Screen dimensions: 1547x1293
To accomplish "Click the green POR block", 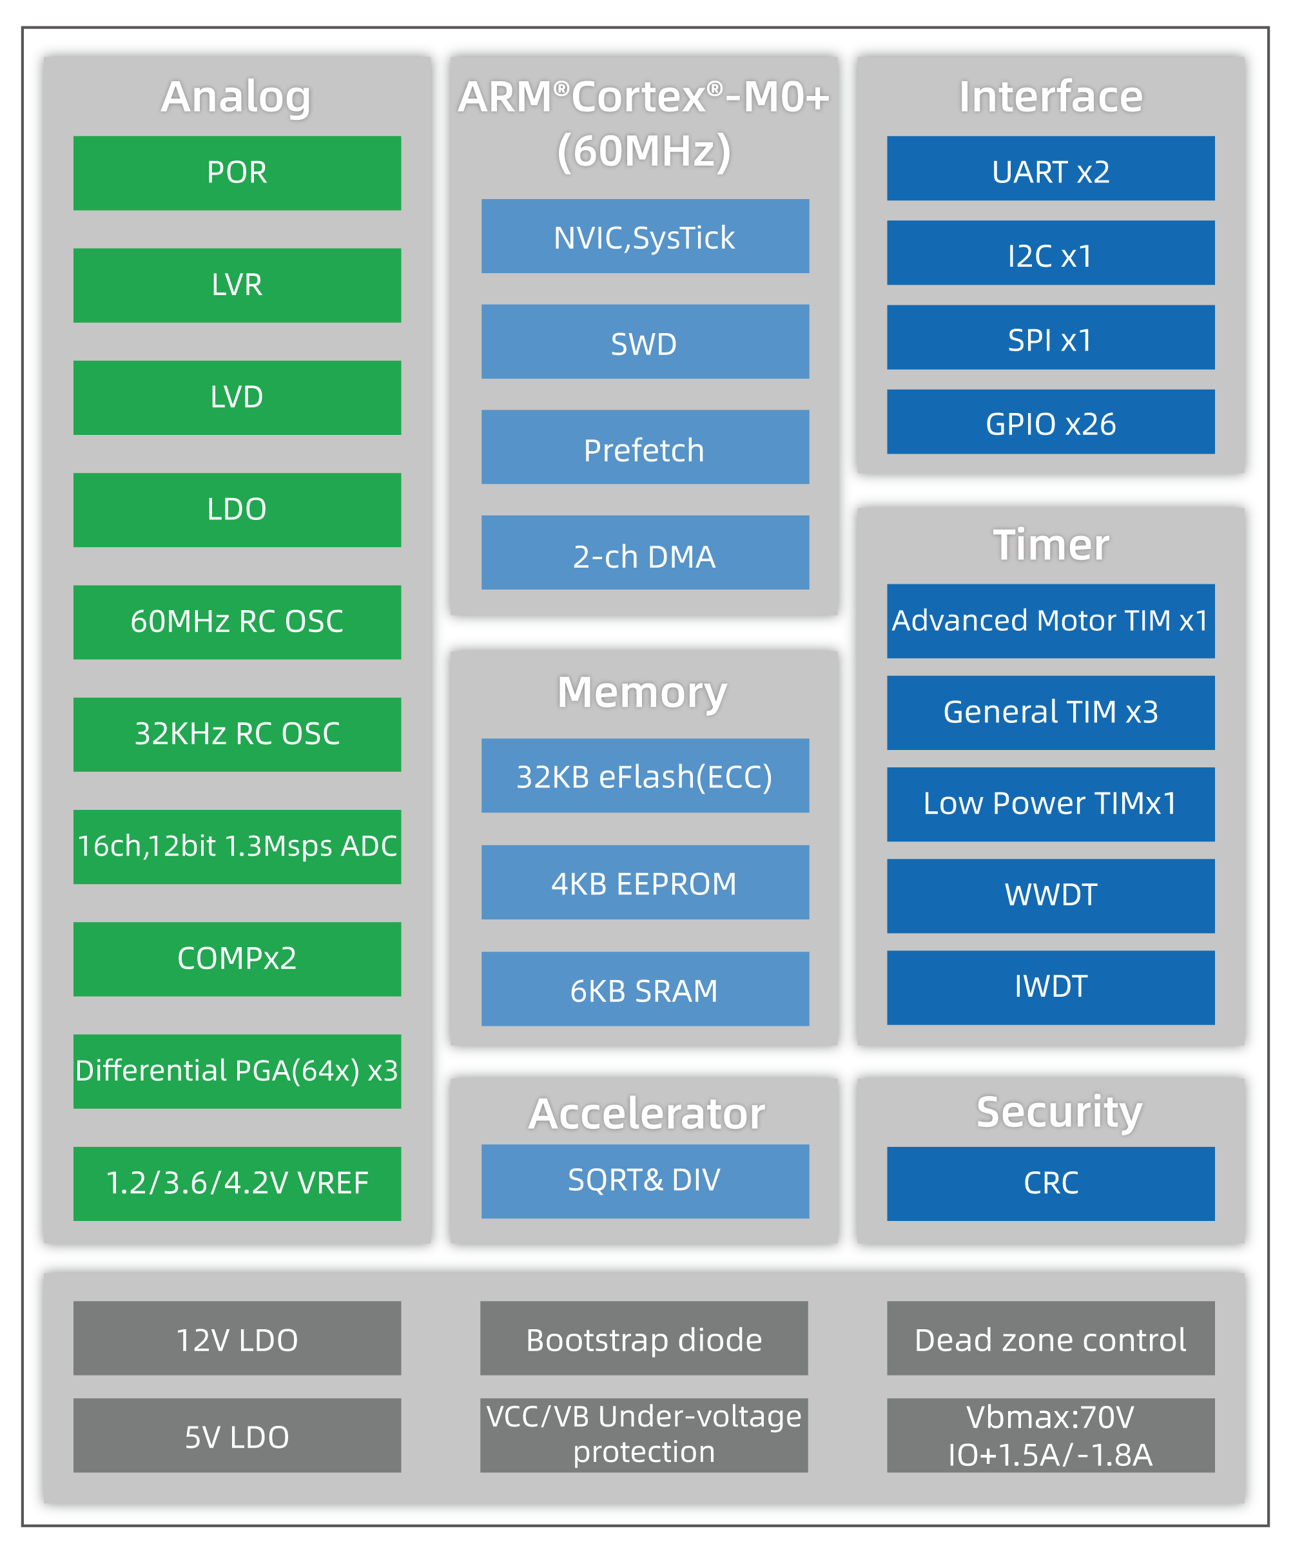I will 237,173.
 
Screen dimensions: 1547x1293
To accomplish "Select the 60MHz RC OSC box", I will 237,622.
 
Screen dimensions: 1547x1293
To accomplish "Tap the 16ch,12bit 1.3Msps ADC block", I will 237,847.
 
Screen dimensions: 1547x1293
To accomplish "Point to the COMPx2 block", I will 237,958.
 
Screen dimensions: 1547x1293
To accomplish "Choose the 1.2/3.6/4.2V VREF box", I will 237,1183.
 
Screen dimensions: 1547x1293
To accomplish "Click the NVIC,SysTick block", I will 645,236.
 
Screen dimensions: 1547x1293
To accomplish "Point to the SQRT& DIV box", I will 645,1181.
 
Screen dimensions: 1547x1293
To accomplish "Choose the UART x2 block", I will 1050,168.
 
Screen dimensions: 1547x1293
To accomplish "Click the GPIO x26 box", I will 1050,421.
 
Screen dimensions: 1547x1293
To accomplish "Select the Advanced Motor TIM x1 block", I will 1050,620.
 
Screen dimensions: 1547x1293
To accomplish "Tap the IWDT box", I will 1050,987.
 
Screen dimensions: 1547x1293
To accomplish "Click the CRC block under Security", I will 1050,1183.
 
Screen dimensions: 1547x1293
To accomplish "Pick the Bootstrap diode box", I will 643,1338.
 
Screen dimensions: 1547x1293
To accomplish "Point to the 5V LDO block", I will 237,1435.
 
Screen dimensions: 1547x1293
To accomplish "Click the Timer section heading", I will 1050,544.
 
